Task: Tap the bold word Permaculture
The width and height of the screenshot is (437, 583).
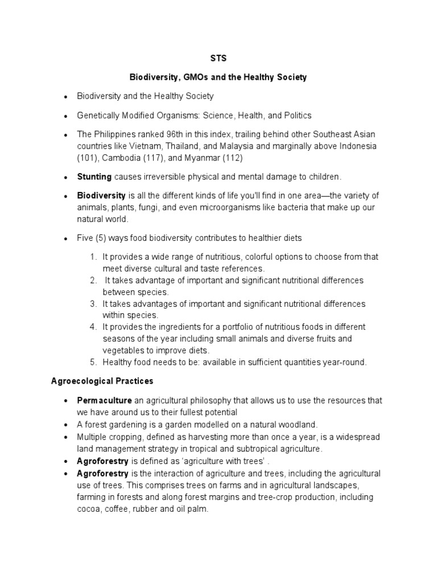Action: tap(104, 400)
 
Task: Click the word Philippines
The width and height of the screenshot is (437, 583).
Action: tap(114, 134)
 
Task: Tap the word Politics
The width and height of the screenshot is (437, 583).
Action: tap(297, 115)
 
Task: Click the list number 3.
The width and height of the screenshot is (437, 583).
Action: tap(93, 303)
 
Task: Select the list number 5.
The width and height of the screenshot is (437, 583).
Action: tap(93, 362)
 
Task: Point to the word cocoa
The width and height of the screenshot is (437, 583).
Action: tap(89, 510)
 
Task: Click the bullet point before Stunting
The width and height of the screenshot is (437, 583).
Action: tap(67, 177)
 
